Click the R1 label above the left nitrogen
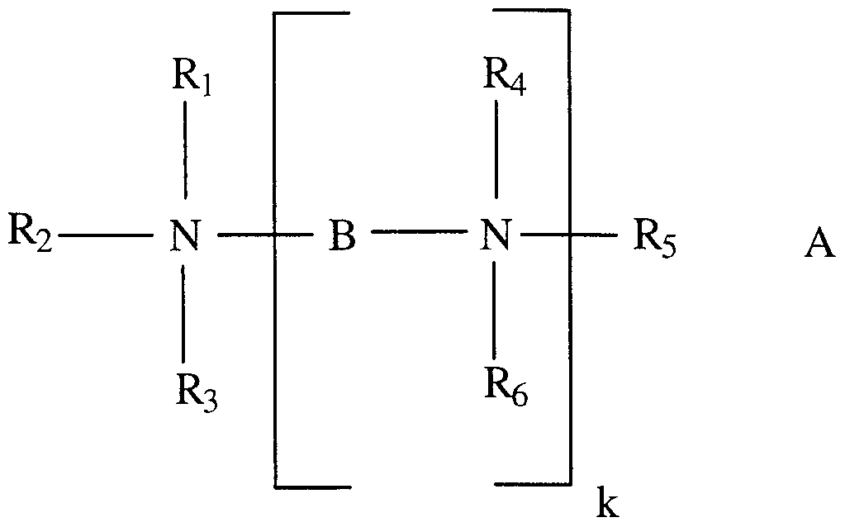[191, 79]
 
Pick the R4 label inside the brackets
[506, 76]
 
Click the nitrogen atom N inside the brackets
[496, 238]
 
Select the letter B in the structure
[342, 238]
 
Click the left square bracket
[276, 248]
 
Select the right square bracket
[569, 248]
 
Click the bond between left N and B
[265, 237]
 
